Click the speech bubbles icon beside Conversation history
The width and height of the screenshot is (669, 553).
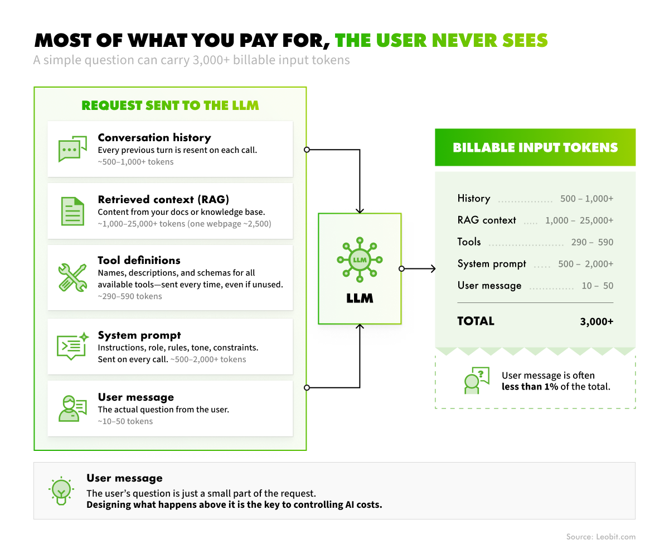coord(72,149)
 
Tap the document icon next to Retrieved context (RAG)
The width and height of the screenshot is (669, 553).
coord(72,211)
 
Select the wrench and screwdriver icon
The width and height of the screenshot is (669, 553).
coord(72,277)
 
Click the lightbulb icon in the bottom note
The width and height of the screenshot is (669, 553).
coord(61,491)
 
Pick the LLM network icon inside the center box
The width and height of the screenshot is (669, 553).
coord(360,260)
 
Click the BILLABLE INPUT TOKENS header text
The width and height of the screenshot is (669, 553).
coord(535,147)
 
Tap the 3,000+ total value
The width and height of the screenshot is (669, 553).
coord(597,321)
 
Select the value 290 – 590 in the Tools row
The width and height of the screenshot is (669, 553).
coord(592,242)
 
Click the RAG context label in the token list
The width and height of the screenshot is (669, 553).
coord(487,220)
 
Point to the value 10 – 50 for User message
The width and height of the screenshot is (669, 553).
coord(597,286)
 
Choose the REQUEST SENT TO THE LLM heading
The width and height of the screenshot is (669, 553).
coord(170,105)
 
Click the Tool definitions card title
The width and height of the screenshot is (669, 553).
coord(139,260)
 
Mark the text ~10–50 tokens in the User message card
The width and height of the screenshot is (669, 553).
coord(125,421)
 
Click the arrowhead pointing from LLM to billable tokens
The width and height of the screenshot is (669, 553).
coord(433,268)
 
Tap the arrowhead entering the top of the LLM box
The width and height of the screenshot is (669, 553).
coord(360,211)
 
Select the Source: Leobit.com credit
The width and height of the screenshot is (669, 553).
coord(601,537)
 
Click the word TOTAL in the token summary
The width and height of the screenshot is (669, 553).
coord(476,321)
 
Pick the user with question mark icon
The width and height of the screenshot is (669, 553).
coord(477,381)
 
